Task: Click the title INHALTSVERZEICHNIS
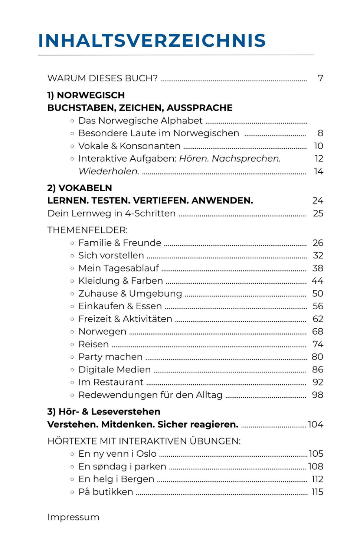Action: pyautogui.click(x=152, y=40)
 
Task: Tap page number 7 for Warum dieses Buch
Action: pyautogui.click(x=320, y=78)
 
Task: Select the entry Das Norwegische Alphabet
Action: pyautogui.click(x=140, y=121)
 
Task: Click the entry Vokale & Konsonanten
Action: pyautogui.click(x=129, y=146)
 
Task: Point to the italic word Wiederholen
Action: pyautogui.click(x=109, y=171)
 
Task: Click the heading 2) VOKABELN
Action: pyautogui.click(x=79, y=188)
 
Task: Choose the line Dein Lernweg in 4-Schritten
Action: pyautogui.click(x=111, y=214)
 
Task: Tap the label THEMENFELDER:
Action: pyautogui.click(x=87, y=230)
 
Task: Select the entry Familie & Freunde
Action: pyautogui.click(x=120, y=243)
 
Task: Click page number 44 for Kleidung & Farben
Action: pyautogui.click(x=317, y=281)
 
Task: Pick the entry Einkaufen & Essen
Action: pyautogui.click(x=120, y=306)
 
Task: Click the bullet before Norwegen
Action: pyautogui.click(x=72, y=332)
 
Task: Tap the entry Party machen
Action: pyautogui.click(x=110, y=357)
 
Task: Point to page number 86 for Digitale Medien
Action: pyautogui.click(x=317, y=369)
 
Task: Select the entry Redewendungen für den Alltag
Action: pyautogui.click(x=150, y=395)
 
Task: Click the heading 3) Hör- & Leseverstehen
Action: pyautogui.click(x=104, y=411)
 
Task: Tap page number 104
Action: pyautogui.click(x=315, y=424)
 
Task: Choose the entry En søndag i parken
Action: pyautogui.click(x=122, y=466)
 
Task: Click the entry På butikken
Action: pyautogui.click(x=105, y=492)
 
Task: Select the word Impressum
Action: pyautogui.click(x=73, y=517)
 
